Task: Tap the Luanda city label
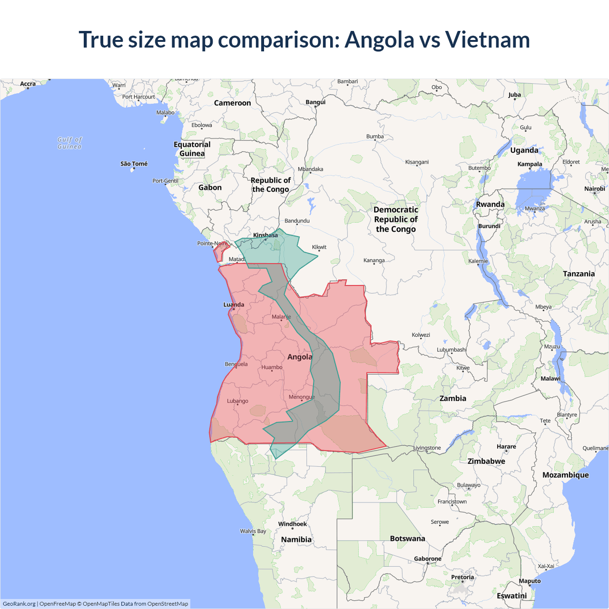234,304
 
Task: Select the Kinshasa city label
265,235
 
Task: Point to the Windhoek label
293,524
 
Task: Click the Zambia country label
452,398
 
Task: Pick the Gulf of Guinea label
70,143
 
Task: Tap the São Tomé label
134,164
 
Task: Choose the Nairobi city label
594,189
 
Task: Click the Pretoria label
462,577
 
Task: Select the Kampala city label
530,164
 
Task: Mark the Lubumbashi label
452,350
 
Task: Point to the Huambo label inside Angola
272,367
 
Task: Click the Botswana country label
407,539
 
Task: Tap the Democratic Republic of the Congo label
396,219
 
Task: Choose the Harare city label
506,447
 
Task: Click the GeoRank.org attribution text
19,604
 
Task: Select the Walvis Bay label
253,531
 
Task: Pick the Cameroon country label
232,103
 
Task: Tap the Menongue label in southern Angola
302,397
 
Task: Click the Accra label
28,84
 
